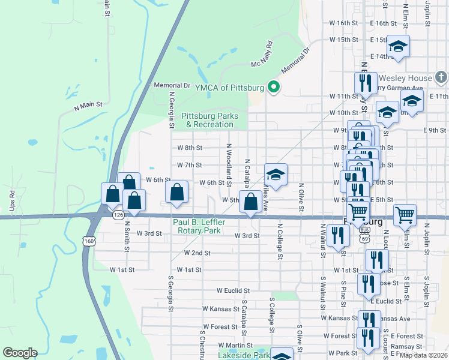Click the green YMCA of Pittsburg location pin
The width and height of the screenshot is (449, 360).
(274, 88)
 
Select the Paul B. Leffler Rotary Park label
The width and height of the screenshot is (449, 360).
(197, 226)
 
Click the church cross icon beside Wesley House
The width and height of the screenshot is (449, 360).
(441, 77)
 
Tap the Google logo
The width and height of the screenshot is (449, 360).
(20, 353)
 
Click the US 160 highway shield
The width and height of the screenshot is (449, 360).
(89, 241)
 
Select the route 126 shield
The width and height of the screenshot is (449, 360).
(118, 214)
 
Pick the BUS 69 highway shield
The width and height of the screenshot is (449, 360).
(364, 234)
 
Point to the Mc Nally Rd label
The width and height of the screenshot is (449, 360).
(262, 54)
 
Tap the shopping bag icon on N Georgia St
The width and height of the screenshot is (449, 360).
(176, 193)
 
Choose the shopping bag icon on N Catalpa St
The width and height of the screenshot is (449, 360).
(250, 202)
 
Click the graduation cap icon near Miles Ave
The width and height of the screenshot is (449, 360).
(276, 175)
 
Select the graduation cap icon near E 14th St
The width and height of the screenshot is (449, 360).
(397, 46)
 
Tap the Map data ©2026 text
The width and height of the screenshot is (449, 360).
(424, 355)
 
